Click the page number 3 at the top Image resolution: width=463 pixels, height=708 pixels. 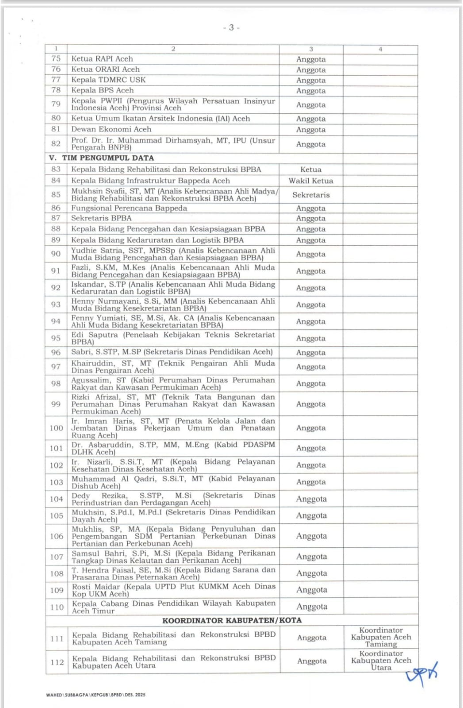[x=231, y=27]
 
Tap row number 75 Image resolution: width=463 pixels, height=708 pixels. [x=56, y=58]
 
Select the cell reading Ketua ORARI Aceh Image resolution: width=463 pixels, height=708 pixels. [x=106, y=69]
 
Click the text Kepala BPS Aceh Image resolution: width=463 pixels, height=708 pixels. [x=103, y=90]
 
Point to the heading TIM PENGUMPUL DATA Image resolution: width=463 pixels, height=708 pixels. [x=108, y=158]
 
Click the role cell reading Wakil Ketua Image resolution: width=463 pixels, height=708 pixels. [x=311, y=181]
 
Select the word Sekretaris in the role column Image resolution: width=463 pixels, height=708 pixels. [x=311, y=195]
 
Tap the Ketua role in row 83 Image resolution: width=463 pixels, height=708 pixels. [x=311, y=169]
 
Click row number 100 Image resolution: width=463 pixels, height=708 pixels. [x=56, y=428]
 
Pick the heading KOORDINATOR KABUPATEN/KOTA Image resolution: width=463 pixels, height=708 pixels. [x=232, y=620]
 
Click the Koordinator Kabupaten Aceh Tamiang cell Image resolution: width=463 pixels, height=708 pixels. [x=381, y=637]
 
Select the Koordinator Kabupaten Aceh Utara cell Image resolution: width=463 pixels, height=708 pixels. [x=381, y=661]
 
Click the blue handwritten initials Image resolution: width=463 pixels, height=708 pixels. [x=421, y=673]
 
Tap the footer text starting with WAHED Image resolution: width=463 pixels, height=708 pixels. [x=96, y=695]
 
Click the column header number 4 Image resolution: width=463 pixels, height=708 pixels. [x=380, y=49]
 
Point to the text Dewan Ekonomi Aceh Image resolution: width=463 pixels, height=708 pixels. [x=111, y=129]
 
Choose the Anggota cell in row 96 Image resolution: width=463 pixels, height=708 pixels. [x=311, y=353]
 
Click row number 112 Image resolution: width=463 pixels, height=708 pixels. [x=57, y=662]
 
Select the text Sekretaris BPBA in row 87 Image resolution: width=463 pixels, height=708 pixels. [x=101, y=218]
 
